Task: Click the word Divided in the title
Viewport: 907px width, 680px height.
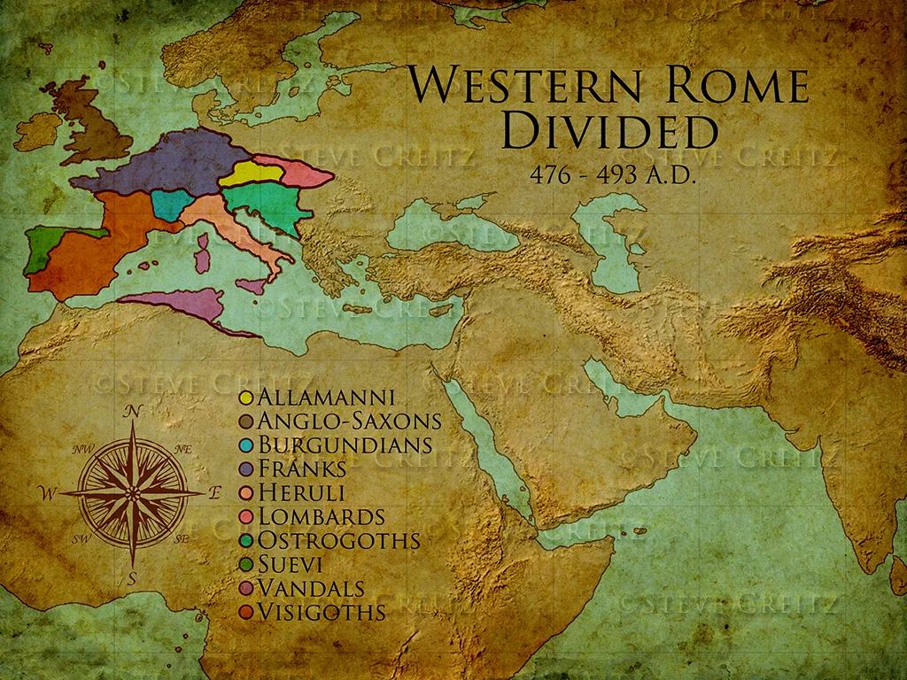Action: click(609, 130)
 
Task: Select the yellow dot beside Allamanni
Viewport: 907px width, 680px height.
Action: click(246, 398)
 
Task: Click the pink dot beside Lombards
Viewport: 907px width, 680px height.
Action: click(246, 517)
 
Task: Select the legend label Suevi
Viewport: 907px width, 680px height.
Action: click(293, 564)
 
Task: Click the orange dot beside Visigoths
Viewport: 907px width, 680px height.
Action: click(246, 612)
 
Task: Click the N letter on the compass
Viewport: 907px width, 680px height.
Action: click(134, 411)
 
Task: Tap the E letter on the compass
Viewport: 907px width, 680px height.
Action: click(214, 493)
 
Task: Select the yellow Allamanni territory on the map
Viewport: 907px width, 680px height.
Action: click(247, 173)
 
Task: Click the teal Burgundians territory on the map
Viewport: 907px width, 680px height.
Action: click(172, 205)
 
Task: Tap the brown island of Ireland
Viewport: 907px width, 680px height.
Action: click(35, 132)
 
